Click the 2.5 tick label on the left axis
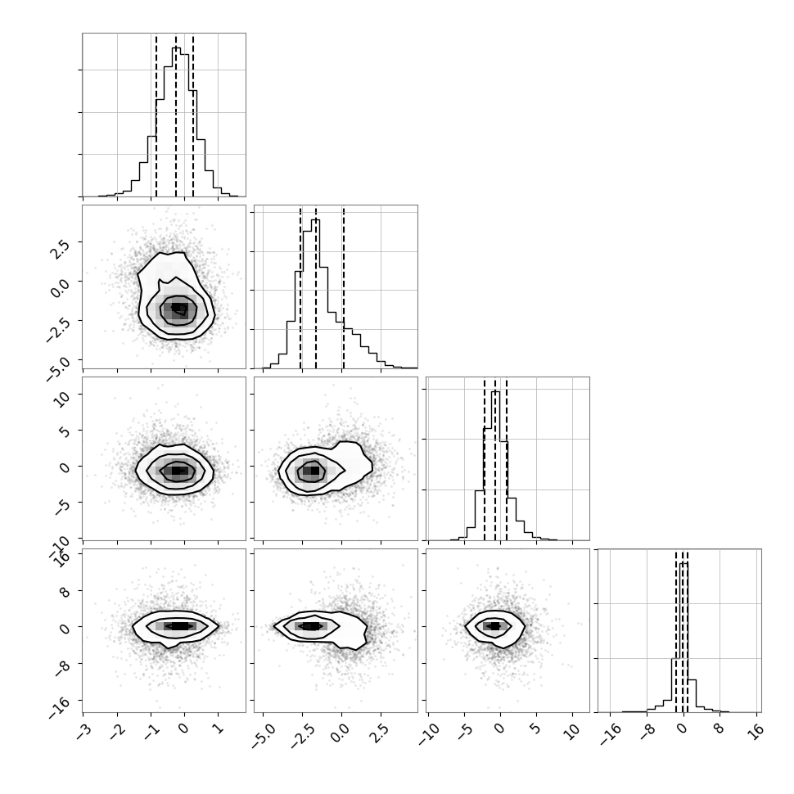coord(60,248)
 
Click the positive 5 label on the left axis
coord(65,431)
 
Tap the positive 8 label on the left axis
coord(65,591)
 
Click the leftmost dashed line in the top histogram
coord(156,115)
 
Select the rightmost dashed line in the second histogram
coord(343,287)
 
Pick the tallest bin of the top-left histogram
coord(176,121)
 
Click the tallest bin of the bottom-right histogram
coord(683,637)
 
